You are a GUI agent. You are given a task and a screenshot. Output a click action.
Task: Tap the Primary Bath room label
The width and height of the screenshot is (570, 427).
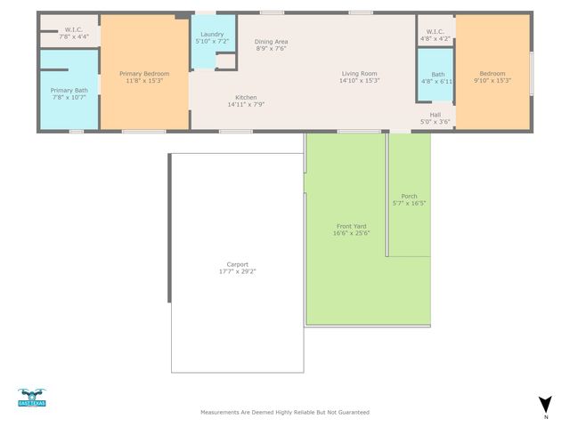(69, 90)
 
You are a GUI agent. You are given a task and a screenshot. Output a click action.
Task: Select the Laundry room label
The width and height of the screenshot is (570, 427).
(212, 34)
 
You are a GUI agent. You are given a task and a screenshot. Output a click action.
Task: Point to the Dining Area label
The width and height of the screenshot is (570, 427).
(271, 42)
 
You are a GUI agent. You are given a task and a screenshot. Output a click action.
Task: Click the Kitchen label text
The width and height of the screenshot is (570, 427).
(246, 97)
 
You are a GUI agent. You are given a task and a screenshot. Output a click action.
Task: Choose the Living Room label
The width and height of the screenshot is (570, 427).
(360, 73)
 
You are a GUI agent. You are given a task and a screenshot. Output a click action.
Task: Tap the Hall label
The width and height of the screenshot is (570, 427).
(436, 114)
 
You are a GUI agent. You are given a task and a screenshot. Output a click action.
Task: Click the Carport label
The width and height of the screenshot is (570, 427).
(237, 263)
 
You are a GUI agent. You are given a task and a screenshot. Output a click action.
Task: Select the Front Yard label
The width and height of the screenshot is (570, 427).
(351, 226)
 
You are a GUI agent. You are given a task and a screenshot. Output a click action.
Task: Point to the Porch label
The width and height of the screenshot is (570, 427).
(409, 196)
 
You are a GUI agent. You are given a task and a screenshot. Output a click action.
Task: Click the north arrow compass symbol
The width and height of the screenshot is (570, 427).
(545, 405)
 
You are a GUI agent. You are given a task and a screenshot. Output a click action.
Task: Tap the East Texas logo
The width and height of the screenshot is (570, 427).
(32, 398)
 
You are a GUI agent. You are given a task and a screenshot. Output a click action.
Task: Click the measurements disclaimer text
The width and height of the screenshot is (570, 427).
(284, 413)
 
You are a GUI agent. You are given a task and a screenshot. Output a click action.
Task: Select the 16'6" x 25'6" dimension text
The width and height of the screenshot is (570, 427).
(351, 233)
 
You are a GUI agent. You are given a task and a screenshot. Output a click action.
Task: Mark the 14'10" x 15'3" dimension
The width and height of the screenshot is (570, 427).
(360, 80)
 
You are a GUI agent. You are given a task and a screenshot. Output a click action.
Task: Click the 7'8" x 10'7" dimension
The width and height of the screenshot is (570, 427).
(69, 97)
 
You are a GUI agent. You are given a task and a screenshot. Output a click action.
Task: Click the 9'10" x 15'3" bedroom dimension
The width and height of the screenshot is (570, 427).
(492, 80)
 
